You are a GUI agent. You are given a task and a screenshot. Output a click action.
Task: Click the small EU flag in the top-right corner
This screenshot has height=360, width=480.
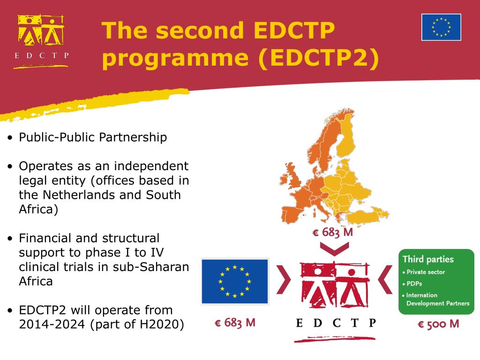click(441, 27)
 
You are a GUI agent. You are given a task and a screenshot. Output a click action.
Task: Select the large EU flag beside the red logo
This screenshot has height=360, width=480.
click(235, 281)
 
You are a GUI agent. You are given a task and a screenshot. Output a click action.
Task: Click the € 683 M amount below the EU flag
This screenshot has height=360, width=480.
click(235, 323)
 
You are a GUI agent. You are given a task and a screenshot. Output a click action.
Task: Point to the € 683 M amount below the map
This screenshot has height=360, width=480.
click(333, 232)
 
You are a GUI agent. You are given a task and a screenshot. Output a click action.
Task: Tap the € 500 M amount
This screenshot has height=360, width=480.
click(438, 324)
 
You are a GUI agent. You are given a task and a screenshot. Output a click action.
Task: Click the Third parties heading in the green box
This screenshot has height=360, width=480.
click(428, 259)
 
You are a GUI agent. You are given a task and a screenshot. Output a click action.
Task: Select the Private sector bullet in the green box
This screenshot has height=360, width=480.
click(426, 272)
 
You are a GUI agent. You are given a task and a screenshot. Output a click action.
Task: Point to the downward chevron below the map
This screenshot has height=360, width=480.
click(334, 248)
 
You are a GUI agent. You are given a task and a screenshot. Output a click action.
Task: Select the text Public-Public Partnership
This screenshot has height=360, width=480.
click(93, 137)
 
